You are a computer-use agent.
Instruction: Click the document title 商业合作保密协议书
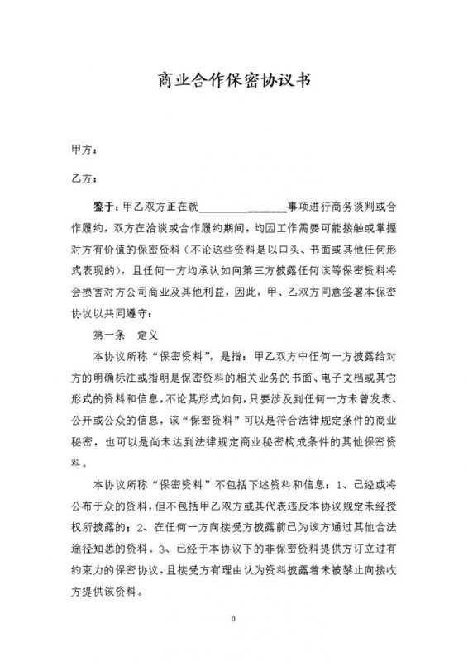click(x=234, y=81)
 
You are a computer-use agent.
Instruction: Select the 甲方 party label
click(x=83, y=151)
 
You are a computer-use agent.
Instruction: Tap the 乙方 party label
click(x=83, y=177)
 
